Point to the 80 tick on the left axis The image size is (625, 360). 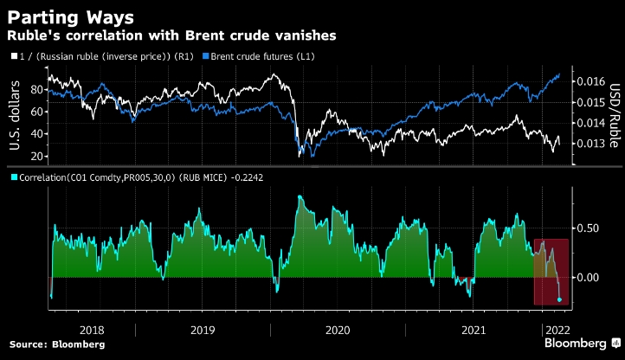[x=37, y=89]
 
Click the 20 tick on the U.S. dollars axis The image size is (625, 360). [x=37, y=156]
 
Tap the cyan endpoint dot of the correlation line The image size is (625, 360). [x=559, y=299]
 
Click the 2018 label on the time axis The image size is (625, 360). [x=91, y=330]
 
